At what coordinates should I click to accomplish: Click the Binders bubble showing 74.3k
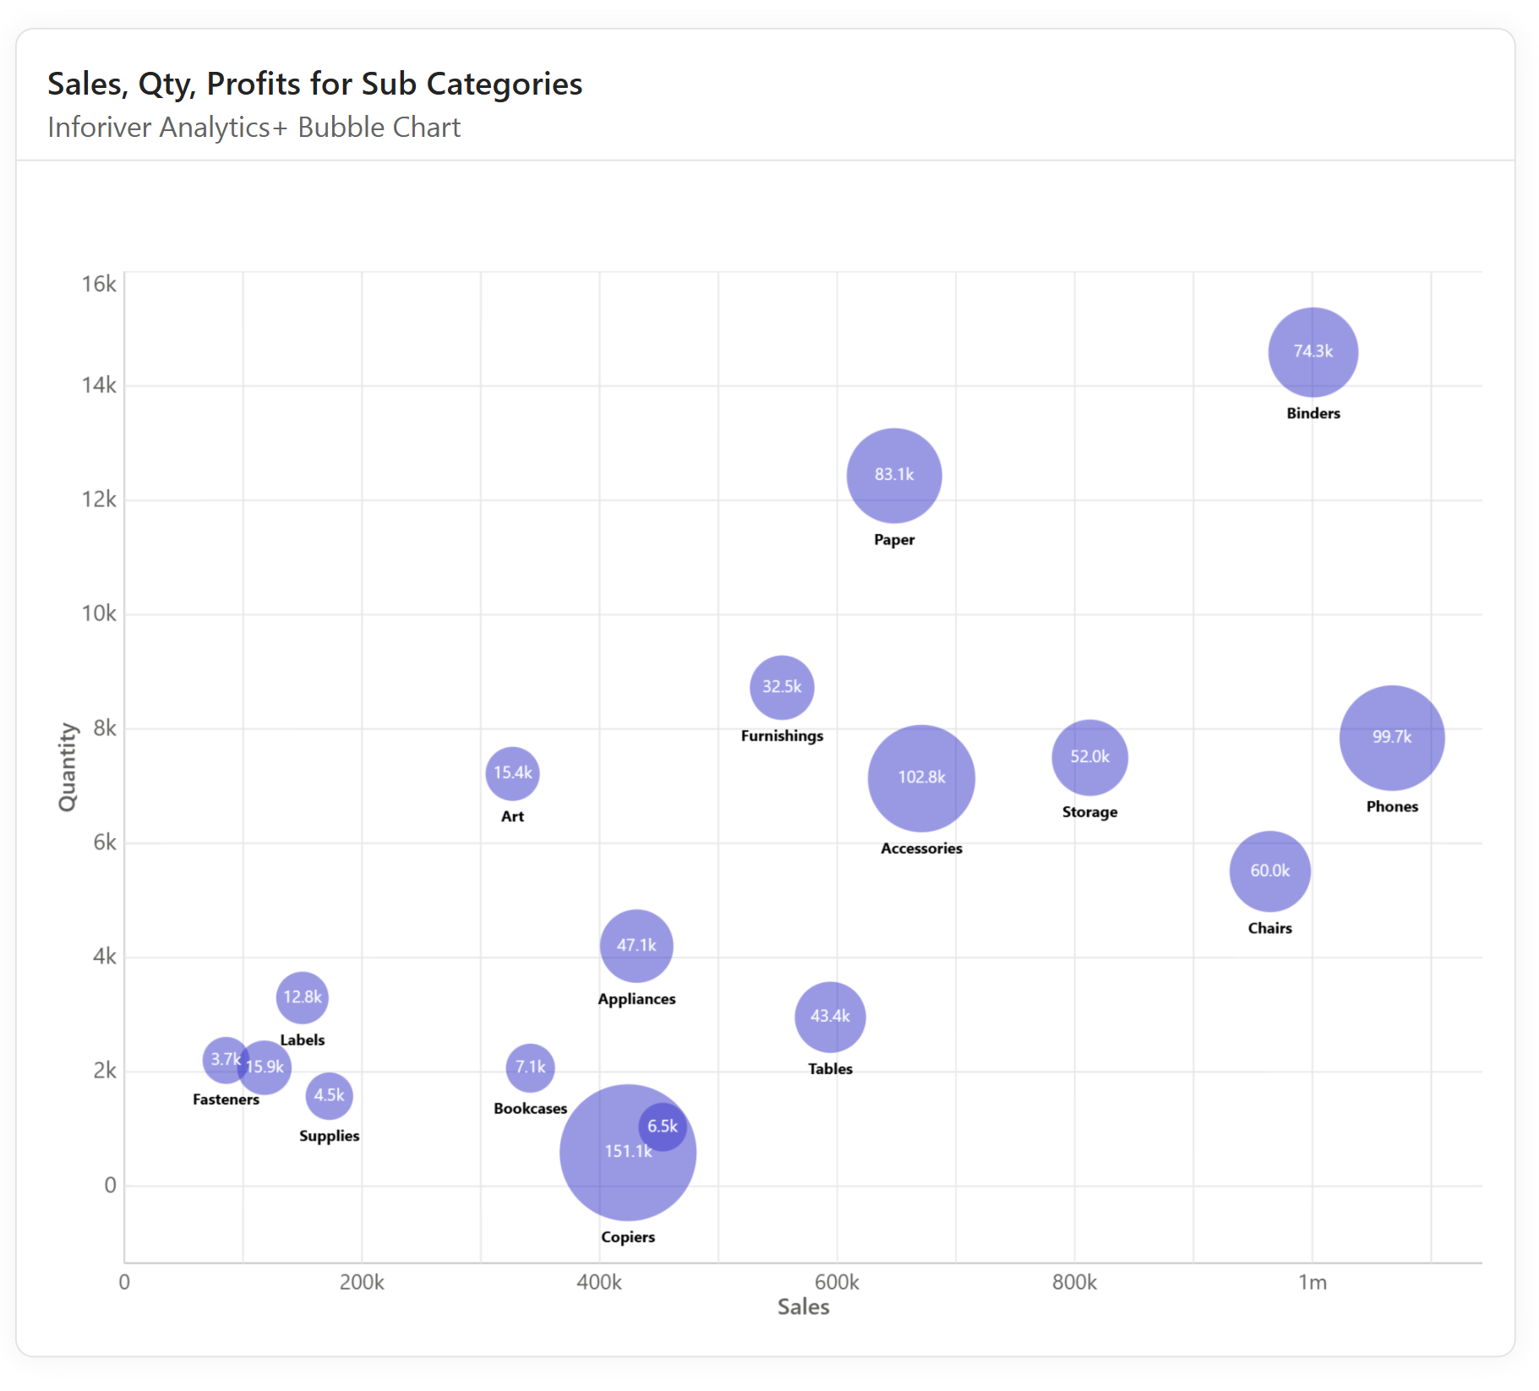tap(1313, 352)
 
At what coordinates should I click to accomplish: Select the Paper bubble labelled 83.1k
tap(894, 475)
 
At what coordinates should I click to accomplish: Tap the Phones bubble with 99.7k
tap(1392, 737)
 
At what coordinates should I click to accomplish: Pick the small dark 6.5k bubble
tap(663, 1126)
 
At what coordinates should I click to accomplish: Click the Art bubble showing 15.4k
tap(512, 772)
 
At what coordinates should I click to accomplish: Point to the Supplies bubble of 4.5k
tap(329, 1095)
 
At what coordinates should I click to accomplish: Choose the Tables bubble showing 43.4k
tap(830, 1017)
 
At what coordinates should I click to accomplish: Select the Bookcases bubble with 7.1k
tap(530, 1067)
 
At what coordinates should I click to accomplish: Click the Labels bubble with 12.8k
tap(302, 997)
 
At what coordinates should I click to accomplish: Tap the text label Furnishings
tap(782, 736)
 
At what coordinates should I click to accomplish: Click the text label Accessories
tap(921, 848)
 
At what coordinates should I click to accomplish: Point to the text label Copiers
tap(628, 1237)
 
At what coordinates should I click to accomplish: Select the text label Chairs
tap(1269, 928)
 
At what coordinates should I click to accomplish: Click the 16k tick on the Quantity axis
tap(99, 284)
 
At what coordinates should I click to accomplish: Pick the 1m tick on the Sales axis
tap(1312, 1283)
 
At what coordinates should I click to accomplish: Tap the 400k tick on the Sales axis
tap(599, 1283)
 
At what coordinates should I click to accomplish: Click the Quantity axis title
tap(67, 766)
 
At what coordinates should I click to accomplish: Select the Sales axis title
tap(803, 1307)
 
